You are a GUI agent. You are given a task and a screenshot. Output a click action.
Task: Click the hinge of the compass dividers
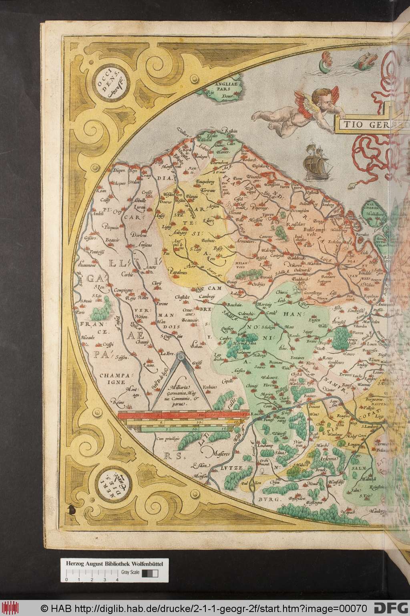[179, 355]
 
